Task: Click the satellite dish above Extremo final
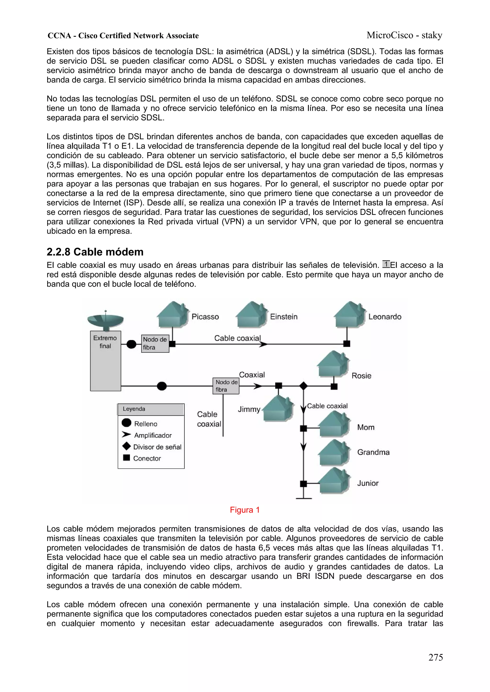(105, 321)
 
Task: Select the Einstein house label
(284, 317)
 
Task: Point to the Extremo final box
(105, 361)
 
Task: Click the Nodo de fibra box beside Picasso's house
(155, 343)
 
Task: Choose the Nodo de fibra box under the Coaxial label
(226, 386)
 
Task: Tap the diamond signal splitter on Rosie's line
(303, 386)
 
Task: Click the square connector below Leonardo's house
(347, 343)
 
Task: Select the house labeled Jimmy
(278, 409)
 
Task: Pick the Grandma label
(373, 452)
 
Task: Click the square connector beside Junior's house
(303, 484)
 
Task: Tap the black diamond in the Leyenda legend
(127, 446)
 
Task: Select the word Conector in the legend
(147, 458)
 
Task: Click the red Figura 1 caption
(245, 510)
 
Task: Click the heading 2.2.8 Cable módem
(95, 252)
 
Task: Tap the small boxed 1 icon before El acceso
(386, 264)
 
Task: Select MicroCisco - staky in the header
(404, 35)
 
